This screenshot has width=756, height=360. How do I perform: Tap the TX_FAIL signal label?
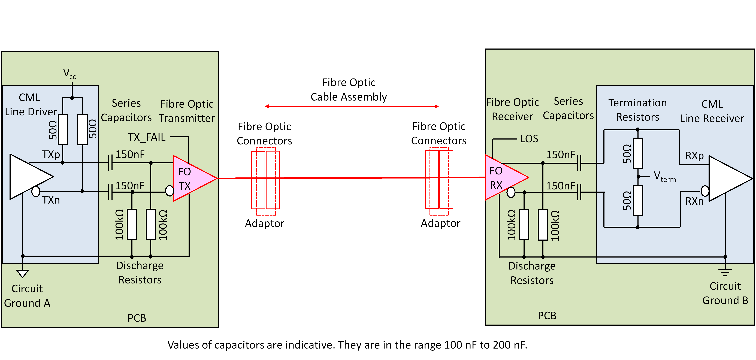click(x=147, y=137)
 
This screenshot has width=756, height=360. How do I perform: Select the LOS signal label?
click(x=529, y=139)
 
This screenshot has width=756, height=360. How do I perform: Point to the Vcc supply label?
click(x=69, y=73)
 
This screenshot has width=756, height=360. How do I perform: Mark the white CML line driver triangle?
click(x=28, y=177)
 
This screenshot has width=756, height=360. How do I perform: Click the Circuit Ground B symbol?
click(x=725, y=273)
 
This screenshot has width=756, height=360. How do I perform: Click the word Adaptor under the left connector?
click(x=264, y=224)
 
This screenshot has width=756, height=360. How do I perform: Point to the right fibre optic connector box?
click(x=439, y=180)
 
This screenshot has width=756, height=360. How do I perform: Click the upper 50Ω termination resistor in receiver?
click(x=638, y=153)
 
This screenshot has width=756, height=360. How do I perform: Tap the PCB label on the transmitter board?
click(x=137, y=318)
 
